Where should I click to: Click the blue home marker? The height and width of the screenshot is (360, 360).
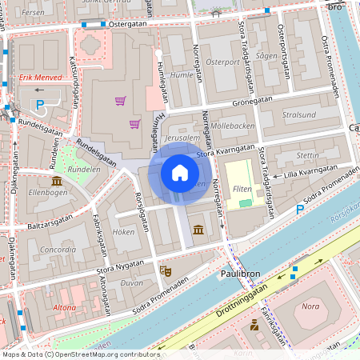(180, 172)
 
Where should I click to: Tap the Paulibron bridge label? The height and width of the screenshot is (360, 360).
(238, 274)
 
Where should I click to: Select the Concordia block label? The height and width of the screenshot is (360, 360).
(58, 250)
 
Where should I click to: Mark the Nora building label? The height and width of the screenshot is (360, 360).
(310, 306)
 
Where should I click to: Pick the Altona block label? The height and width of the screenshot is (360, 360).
(64, 306)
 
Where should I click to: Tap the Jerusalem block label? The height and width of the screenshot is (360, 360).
(182, 138)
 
